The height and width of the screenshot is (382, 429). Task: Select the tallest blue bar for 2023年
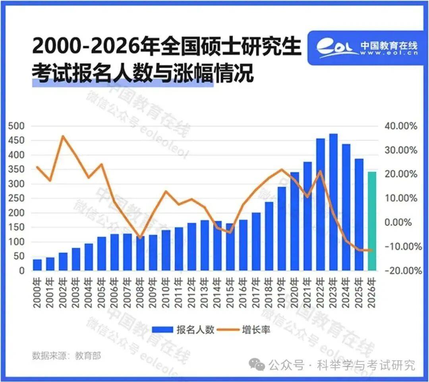click(x=333, y=202)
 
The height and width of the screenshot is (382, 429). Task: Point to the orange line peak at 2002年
click(x=63, y=136)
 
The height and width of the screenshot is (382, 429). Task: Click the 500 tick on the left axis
click(x=16, y=126)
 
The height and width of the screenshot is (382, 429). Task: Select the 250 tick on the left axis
click(x=16, y=198)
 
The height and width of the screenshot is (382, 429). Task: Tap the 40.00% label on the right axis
click(x=402, y=126)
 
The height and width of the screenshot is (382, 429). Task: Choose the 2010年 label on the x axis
click(x=166, y=293)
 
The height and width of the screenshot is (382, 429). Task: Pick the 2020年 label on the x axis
click(x=295, y=293)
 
